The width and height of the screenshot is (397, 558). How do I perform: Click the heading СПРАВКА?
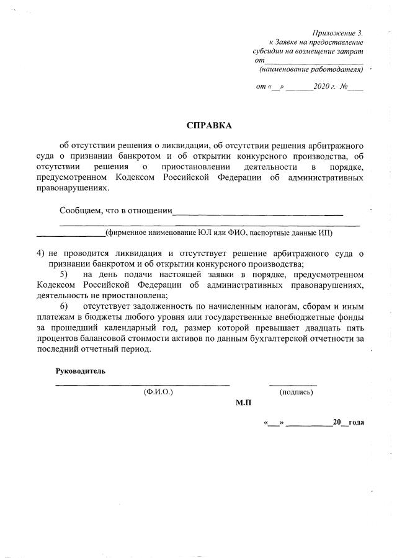pos(209,126)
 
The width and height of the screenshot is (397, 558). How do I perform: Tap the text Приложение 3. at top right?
pos(337,32)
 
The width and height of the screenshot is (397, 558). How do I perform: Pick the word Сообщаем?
pos(81,210)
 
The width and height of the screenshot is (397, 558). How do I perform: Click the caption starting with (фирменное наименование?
pos(219,233)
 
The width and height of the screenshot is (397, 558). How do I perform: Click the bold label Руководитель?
pos(81,371)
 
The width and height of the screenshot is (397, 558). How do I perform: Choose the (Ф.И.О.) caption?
pos(158,392)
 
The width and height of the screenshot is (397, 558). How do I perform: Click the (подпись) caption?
pos(296,392)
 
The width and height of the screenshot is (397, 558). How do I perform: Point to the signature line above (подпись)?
pos(293,385)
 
